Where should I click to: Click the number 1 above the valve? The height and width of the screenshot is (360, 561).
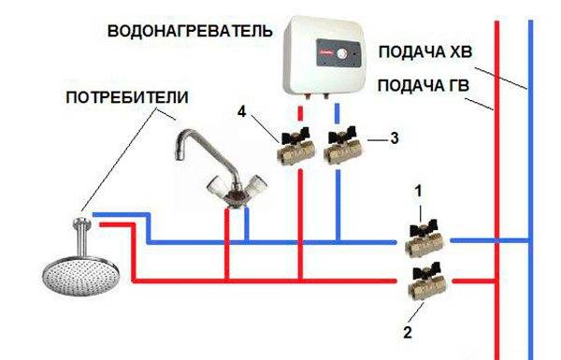[420, 190]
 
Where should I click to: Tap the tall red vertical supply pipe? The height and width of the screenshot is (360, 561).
[496, 187]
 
